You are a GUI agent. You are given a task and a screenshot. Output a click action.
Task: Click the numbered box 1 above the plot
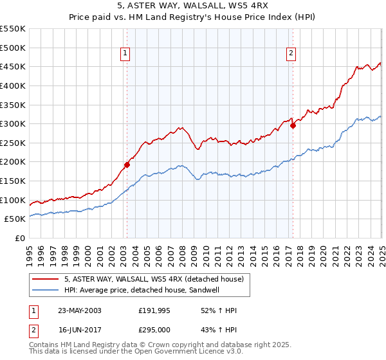pyautogui.click(x=125, y=53)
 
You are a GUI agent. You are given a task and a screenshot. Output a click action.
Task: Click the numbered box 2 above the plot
pyautogui.click(x=291, y=53)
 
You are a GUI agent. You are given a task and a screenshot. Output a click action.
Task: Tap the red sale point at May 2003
pyautogui.click(x=127, y=165)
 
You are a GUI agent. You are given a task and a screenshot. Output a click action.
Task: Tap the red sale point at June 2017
pyautogui.click(x=293, y=125)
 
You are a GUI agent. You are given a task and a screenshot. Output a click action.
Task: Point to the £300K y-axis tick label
pyautogui.click(x=14, y=123)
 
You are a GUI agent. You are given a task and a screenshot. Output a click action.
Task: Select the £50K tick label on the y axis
pyautogui.click(x=15, y=219)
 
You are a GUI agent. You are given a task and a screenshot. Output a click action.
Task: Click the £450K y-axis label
pyautogui.click(x=14, y=66)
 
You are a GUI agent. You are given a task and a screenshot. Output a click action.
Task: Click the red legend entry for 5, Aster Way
pyautogui.click(x=153, y=279)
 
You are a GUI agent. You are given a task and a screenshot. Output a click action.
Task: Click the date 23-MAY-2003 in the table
pyautogui.click(x=79, y=311)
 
